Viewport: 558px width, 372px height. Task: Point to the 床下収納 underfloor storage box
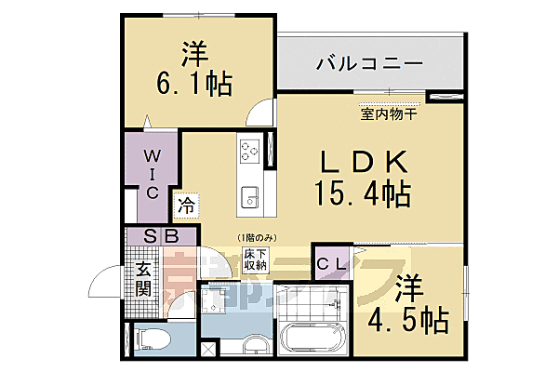[x=257, y=259]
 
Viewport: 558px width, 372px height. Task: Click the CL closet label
[x=332, y=264]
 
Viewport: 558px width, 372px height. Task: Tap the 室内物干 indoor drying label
[x=389, y=115]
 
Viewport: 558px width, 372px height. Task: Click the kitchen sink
[x=249, y=196]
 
